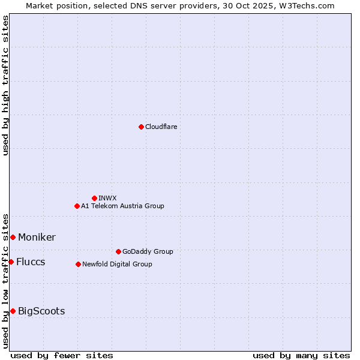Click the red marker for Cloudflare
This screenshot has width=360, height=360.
click(141, 127)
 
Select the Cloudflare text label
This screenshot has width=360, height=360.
click(161, 127)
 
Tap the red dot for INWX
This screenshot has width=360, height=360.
click(94, 198)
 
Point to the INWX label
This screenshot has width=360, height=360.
click(107, 198)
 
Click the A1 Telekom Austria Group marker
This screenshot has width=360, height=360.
click(77, 206)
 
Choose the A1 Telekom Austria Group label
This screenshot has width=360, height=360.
click(122, 206)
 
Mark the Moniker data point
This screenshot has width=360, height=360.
click(13, 237)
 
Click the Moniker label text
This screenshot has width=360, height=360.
click(37, 237)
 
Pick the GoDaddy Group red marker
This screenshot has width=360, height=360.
click(118, 251)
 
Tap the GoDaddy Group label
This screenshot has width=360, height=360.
click(147, 251)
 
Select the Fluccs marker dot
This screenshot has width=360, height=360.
click(11, 262)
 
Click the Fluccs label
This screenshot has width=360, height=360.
click(31, 262)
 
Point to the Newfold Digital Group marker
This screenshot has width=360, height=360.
click(78, 264)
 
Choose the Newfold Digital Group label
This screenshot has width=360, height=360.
click(117, 264)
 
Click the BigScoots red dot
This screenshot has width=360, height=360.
click(13, 311)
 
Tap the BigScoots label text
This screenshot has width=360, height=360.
click(41, 311)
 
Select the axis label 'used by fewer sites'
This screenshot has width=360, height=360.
click(62, 355)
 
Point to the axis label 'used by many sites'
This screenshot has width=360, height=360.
click(301, 355)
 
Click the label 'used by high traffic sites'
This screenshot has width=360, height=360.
click(6, 85)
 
